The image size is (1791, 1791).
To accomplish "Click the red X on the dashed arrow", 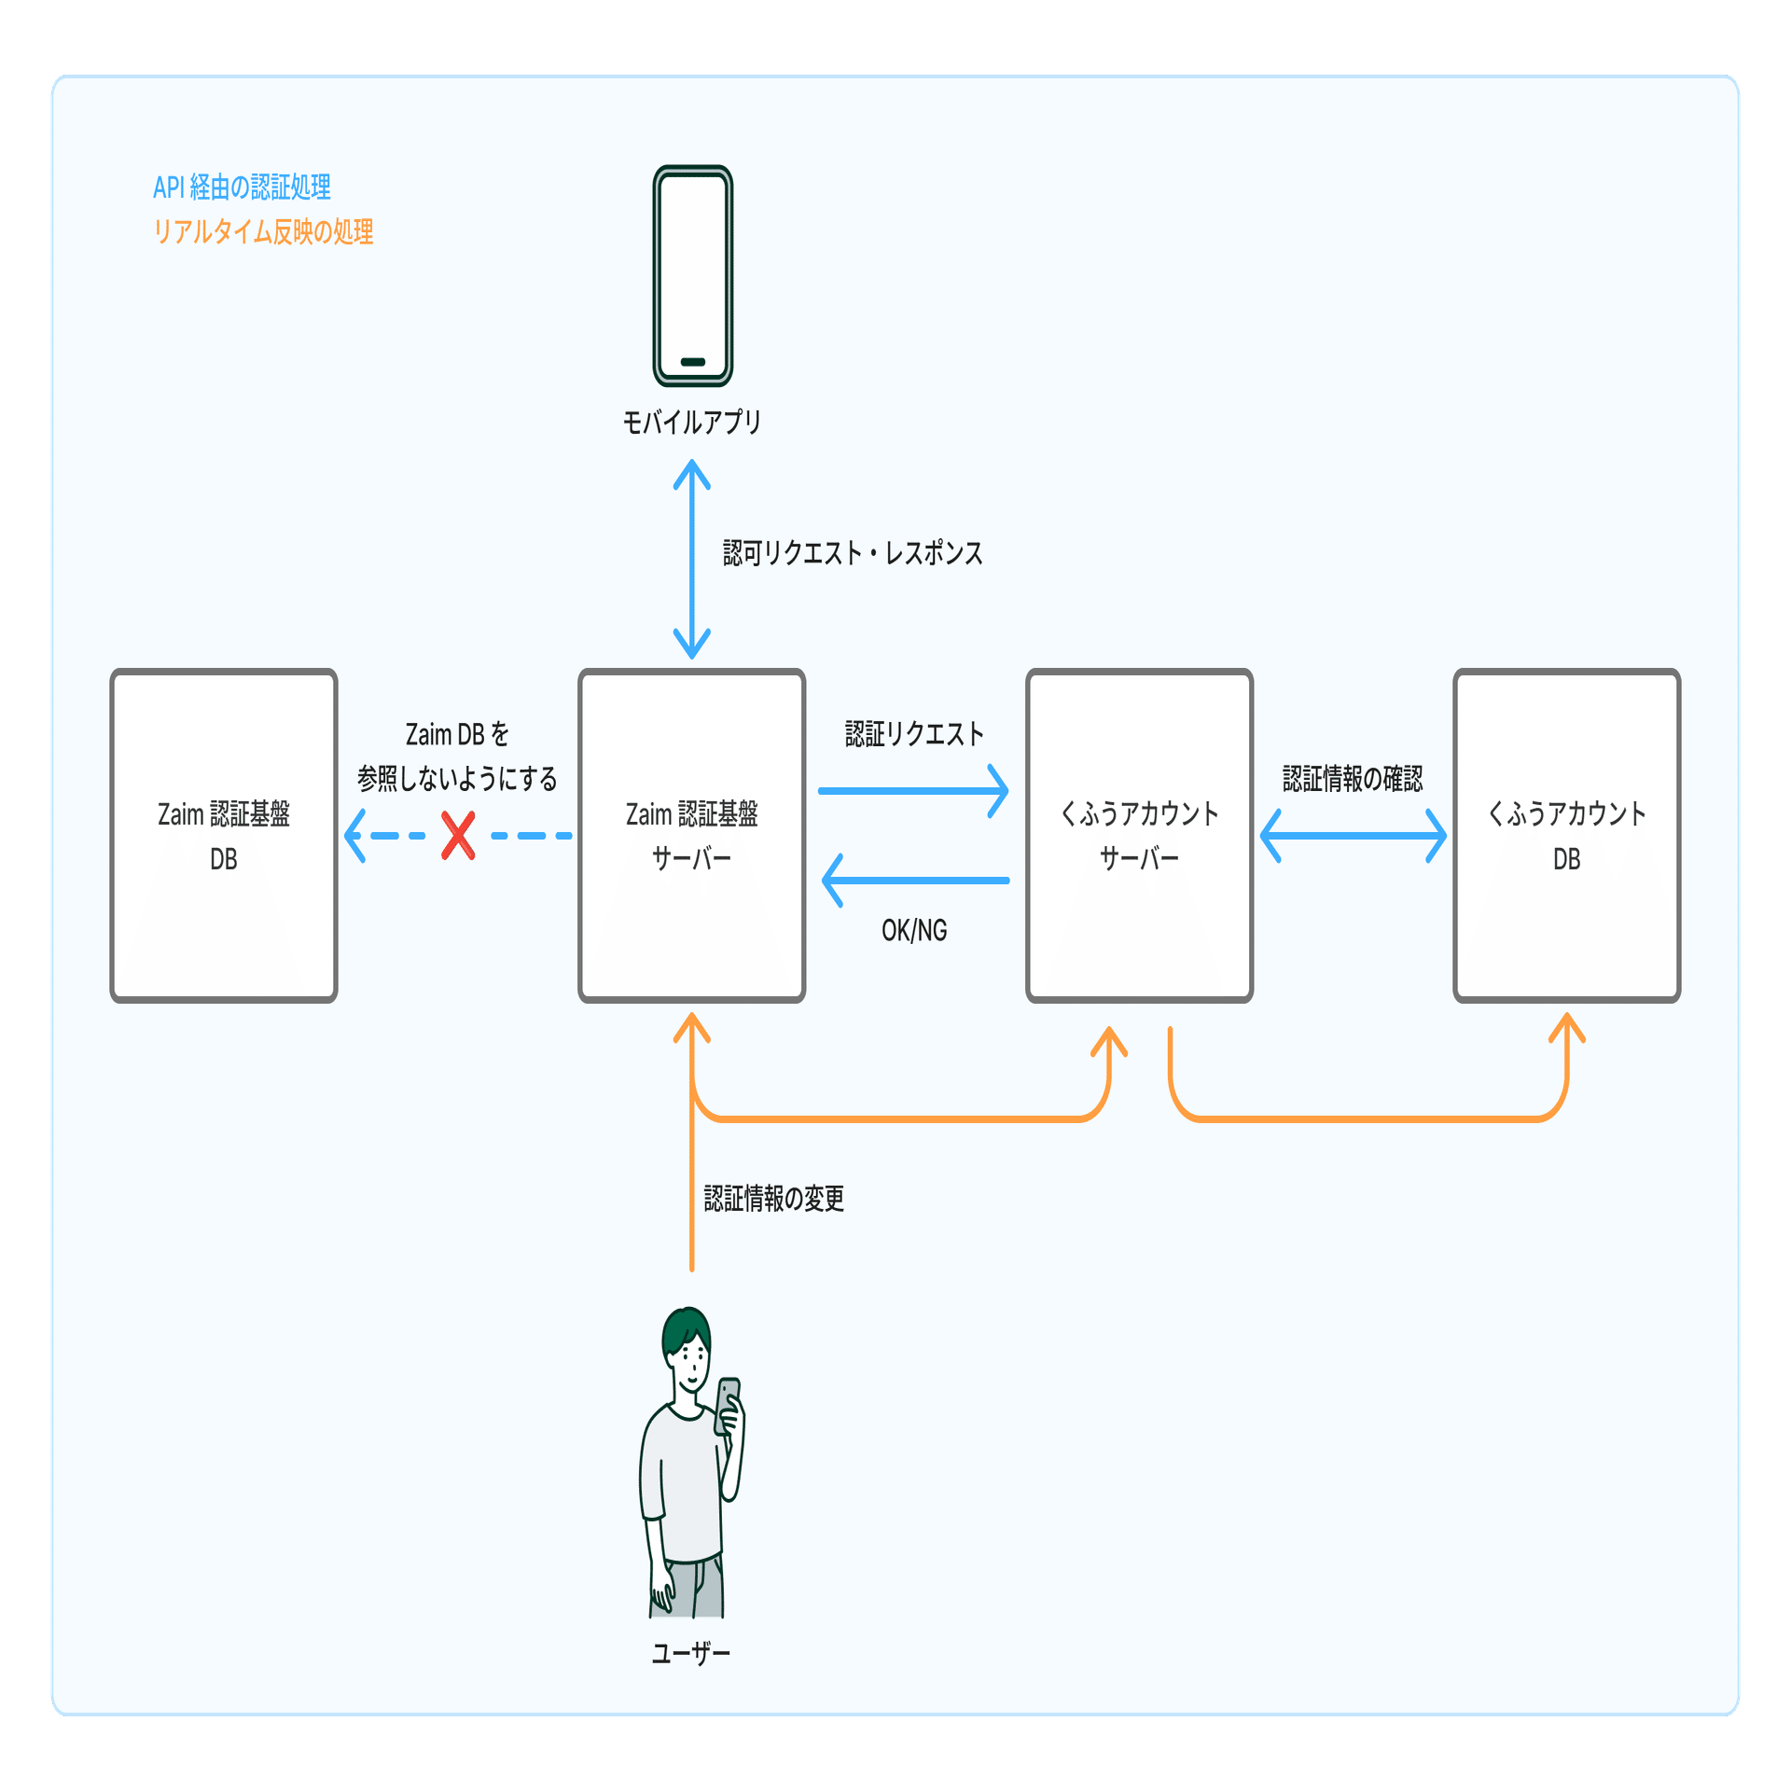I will point(458,836).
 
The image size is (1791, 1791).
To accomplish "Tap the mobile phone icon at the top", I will point(692,276).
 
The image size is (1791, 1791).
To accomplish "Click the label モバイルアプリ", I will point(692,423).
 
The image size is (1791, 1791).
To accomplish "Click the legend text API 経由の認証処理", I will point(242,187).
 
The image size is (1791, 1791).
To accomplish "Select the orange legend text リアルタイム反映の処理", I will point(263,231).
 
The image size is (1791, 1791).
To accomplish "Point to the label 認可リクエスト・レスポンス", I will point(853,553).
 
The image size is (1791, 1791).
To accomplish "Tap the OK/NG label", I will point(914,930).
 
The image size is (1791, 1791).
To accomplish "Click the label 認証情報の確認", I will point(1353,778).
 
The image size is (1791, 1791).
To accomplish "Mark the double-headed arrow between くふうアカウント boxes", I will point(1353,836).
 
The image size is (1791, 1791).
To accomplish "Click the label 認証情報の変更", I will point(774,1199).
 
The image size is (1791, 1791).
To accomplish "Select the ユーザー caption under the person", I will point(691,1654).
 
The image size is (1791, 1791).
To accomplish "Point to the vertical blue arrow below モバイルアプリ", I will point(692,560).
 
